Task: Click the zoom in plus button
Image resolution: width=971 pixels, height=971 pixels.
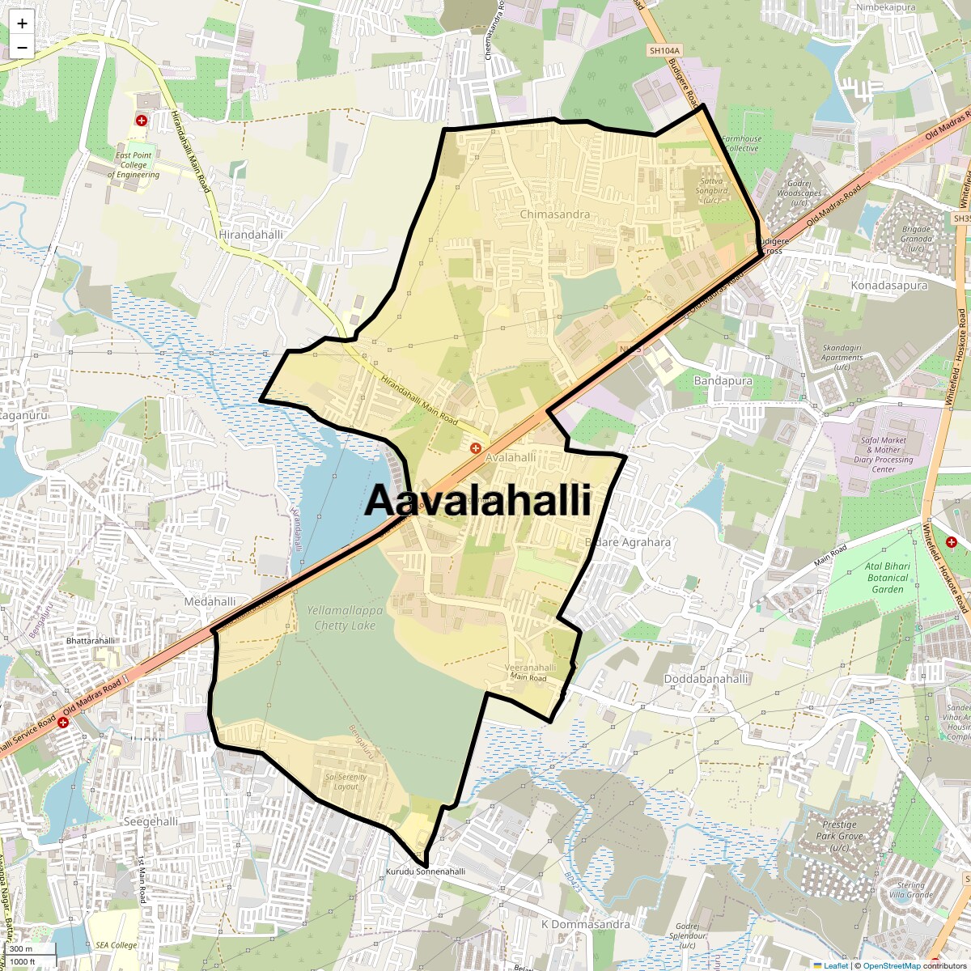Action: coord(22,23)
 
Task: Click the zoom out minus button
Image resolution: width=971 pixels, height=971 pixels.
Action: coord(22,47)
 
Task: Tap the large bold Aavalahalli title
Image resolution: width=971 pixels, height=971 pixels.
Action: coord(477,501)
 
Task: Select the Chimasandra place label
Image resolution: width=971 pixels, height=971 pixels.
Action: coord(554,214)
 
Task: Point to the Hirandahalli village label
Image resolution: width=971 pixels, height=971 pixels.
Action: coord(251,235)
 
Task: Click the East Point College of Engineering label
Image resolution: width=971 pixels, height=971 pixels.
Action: coord(134,165)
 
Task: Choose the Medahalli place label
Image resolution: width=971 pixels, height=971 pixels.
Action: coord(210,601)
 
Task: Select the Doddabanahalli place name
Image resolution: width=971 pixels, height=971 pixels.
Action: coord(706,679)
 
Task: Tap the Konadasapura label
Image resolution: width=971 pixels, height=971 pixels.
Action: coord(888,286)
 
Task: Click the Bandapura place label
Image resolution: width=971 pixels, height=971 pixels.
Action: coord(723,380)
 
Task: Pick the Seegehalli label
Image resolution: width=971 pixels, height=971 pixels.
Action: coord(151,821)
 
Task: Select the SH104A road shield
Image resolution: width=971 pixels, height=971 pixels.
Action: coord(664,50)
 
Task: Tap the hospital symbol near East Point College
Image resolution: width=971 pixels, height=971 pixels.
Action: coord(142,121)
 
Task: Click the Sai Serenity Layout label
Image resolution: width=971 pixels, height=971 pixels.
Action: coord(346,782)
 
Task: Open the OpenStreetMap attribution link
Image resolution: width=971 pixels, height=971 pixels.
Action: coord(892,965)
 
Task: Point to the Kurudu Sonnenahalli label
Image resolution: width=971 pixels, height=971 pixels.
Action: coord(425,871)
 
